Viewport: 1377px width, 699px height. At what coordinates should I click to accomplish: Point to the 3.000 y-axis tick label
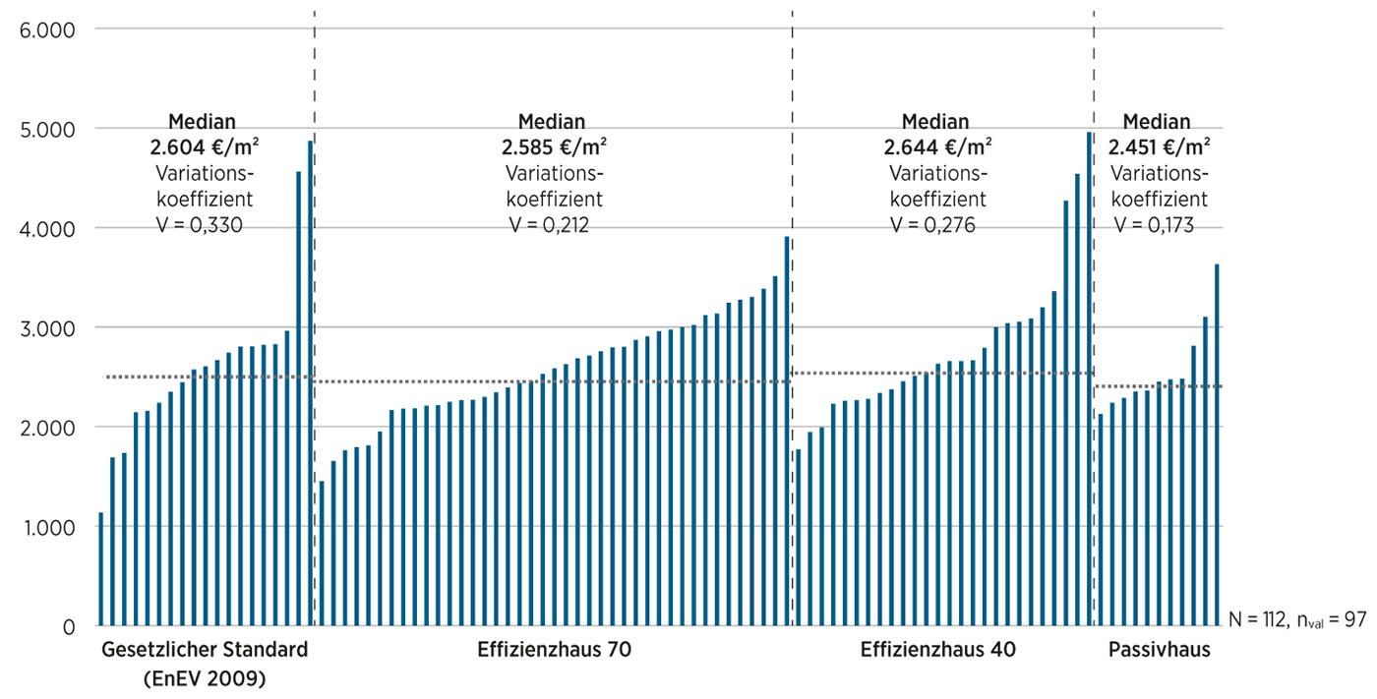coord(47,327)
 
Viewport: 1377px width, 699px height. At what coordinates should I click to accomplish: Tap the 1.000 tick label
coord(47,527)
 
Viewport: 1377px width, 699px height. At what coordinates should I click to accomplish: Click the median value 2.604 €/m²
coord(202,146)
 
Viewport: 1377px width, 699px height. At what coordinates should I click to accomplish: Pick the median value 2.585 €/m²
coord(551,146)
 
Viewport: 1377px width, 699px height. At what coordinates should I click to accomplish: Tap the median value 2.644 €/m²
coord(935,146)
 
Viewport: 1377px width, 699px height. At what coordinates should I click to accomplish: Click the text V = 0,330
coord(200,224)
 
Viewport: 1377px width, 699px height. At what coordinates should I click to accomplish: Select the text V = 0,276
coord(933,224)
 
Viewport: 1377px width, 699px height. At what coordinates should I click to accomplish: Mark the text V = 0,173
coord(1154,224)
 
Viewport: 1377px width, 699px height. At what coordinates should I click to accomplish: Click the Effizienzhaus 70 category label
coord(554,651)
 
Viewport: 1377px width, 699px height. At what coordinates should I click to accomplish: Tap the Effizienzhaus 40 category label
coord(937,651)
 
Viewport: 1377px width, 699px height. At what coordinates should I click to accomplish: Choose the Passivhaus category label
coord(1159,651)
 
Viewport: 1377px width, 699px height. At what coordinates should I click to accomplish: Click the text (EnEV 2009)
coord(204,678)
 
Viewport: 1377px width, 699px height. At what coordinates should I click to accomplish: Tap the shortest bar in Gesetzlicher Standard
coord(100,569)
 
